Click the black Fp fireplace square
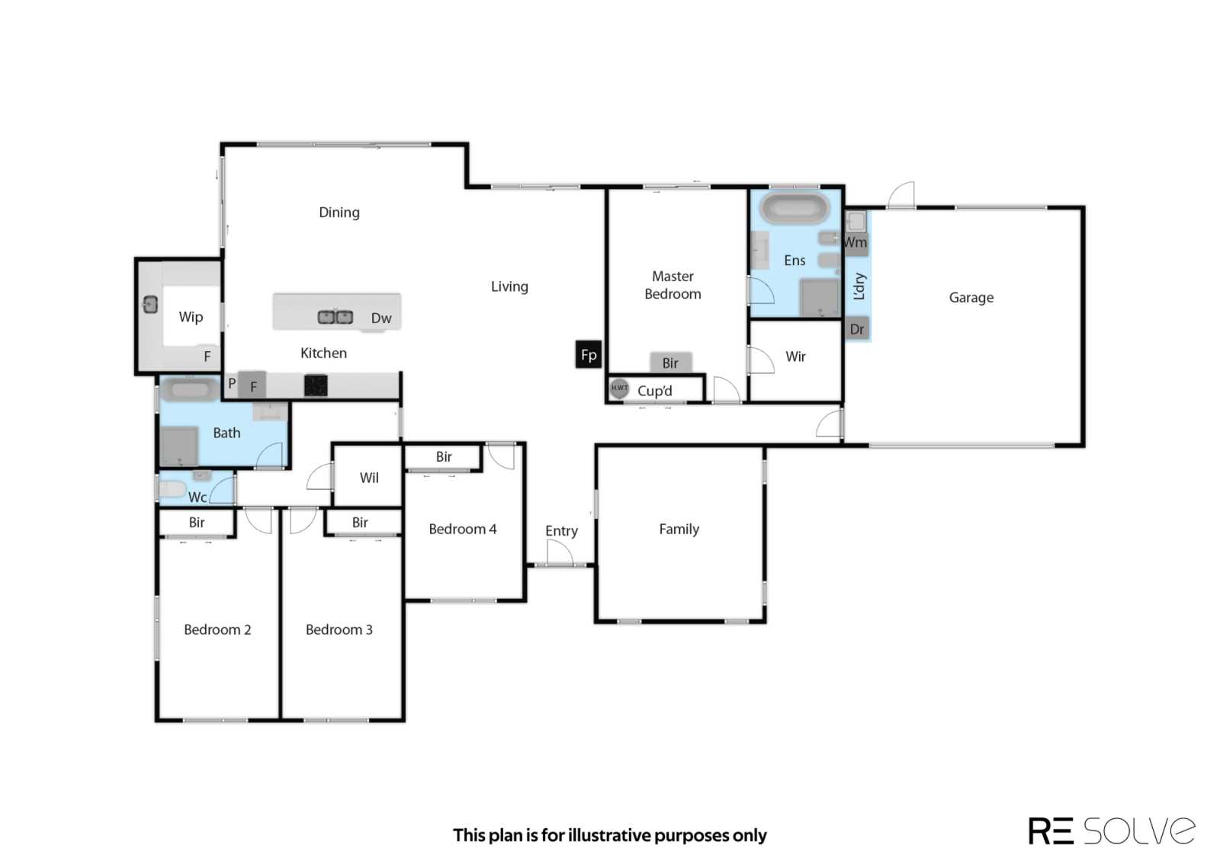click(588, 354)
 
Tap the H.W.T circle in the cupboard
click(618, 388)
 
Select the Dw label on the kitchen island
click(381, 318)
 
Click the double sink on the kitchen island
click(335, 317)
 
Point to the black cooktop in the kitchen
click(316, 386)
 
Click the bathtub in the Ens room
click(795, 208)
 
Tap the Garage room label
click(971, 298)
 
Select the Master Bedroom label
click(673, 285)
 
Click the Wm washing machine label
click(855, 242)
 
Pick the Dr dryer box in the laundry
click(857, 328)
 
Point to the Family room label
click(679, 529)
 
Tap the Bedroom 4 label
click(462, 529)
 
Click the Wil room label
click(369, 478)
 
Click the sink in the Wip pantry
click(150, 305)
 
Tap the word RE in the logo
click(1051, 830)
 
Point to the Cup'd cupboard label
click(655, 391)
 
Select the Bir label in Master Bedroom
click(670, 363)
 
